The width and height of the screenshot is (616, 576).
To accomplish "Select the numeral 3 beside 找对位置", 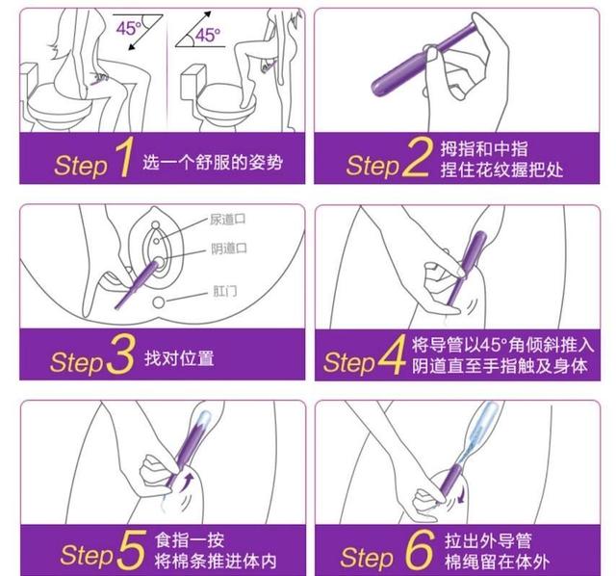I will [x=120, y=358].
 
